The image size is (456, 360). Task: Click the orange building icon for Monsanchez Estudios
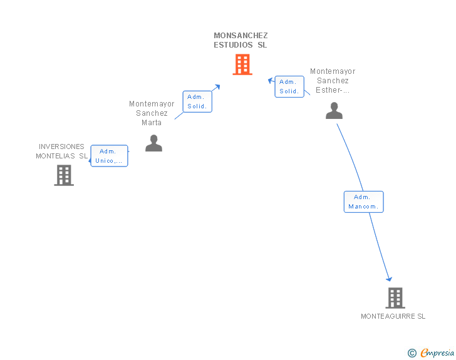coord(242,64)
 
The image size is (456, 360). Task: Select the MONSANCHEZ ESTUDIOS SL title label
coord(241,40)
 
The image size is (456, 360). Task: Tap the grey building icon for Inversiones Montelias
coord(64,175)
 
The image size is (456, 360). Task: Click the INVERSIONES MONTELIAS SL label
coord(61,152)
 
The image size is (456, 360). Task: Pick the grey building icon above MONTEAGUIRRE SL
coord(395,298)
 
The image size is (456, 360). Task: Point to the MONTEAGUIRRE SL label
coord(393,316)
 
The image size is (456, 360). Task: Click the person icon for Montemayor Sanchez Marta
coord(153,143)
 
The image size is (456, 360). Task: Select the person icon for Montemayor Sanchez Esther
coord(334,110)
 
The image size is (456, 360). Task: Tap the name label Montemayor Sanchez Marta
coord(152,113)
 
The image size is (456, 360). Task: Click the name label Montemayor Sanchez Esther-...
coord(333,81)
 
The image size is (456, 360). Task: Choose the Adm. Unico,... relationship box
coord(109,156)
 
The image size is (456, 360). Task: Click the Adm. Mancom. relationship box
coord(363,202)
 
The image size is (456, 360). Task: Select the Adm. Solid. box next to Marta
coord(197,101)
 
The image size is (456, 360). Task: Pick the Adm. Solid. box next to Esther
coord(289,86)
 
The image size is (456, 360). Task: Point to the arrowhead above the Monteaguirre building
coord(389,279)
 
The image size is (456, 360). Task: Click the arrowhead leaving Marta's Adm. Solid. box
coord(217,86)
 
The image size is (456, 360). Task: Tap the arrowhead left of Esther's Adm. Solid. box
coord(271,80)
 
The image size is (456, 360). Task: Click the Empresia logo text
coord(437,352)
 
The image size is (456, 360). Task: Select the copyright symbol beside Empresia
coord(412,353)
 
